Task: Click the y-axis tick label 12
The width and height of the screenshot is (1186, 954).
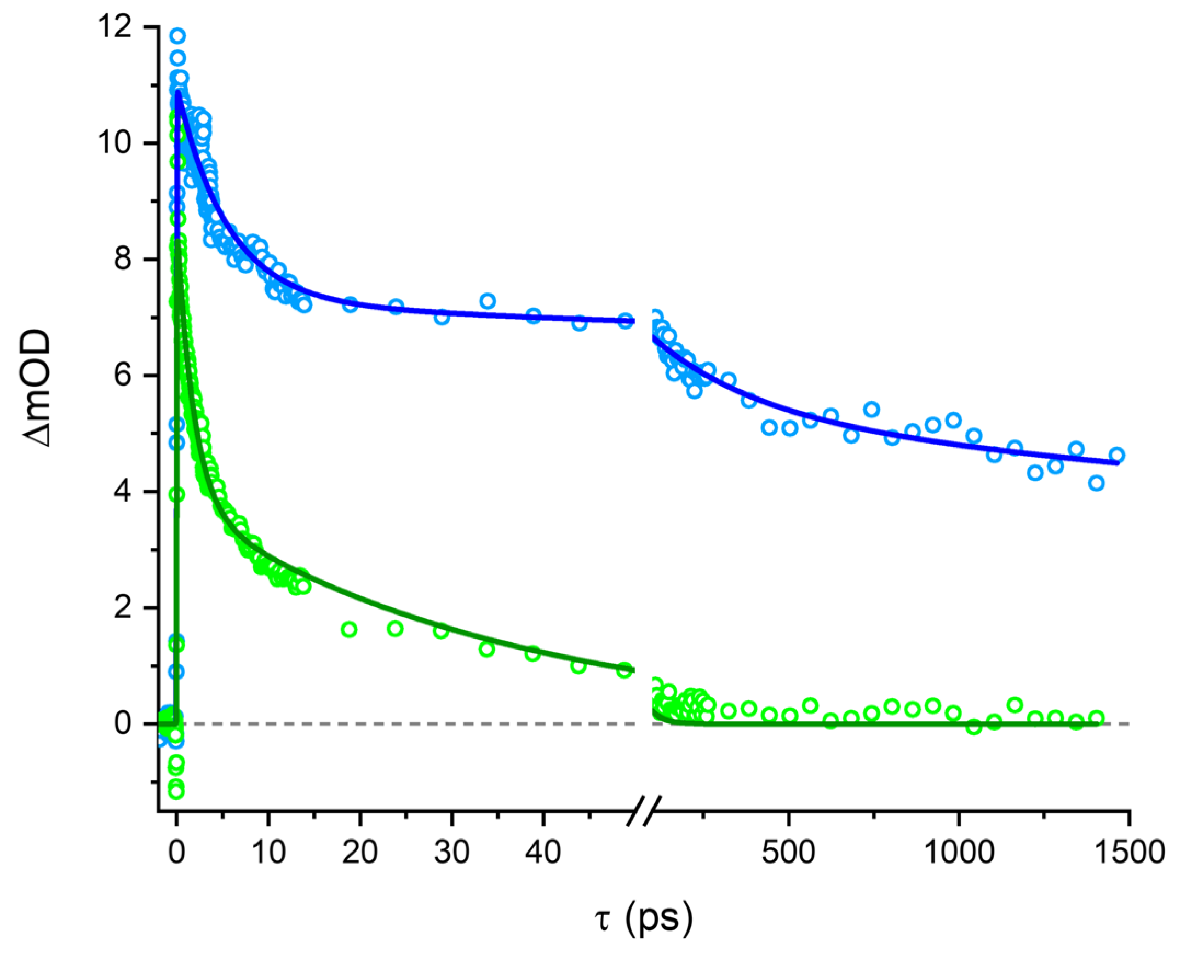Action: [115, 26]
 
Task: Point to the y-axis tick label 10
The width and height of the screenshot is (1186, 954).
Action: [115, 143]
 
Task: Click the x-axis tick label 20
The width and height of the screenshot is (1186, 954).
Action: [360, 852]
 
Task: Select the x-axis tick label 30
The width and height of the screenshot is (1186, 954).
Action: [451, 852]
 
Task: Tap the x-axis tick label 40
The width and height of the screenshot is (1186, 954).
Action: [543, 852]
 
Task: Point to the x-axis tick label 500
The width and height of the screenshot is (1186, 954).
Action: [788, 852]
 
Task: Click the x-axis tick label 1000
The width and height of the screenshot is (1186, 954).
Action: [959, 852]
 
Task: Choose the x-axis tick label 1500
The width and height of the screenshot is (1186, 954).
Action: [1130, 852]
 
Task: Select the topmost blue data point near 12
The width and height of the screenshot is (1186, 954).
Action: [177, 36]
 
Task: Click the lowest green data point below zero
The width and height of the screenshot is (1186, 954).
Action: [176, 792]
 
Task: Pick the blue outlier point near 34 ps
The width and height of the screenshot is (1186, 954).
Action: [488, 301]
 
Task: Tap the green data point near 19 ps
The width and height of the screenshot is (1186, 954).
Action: [349, 630]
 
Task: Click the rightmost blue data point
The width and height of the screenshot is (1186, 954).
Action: [1116, 455]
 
